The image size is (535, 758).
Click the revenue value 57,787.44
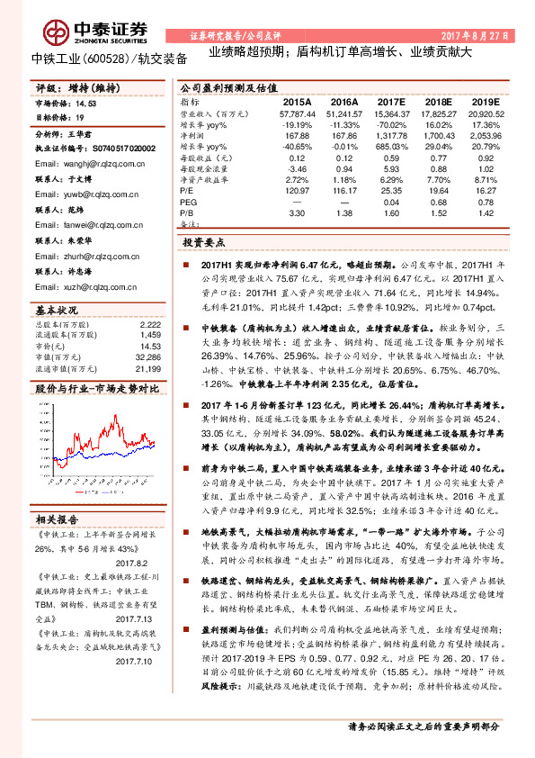point(298,115)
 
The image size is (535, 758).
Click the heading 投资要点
point(205,243)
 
